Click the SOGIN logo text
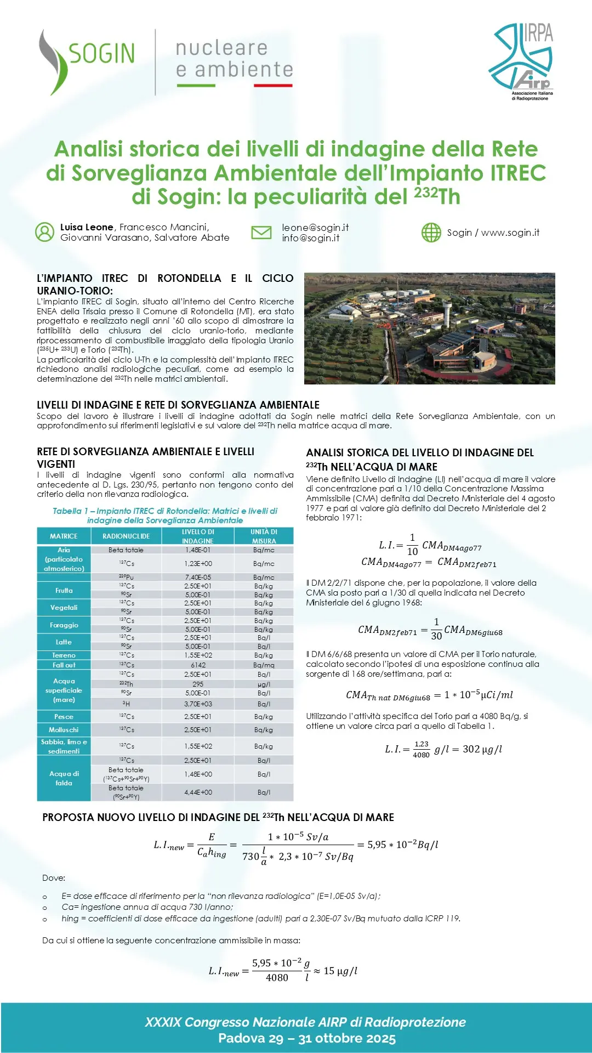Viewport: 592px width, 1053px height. click(101, 54)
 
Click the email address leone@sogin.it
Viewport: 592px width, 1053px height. click(315, 228)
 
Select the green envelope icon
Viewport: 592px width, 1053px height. click(261, 233)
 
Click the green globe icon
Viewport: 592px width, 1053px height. click(431, 233)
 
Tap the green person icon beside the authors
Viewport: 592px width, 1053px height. click(44, 232)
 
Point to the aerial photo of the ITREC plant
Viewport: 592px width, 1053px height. click(429, 328)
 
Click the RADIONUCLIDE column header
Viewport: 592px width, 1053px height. click(126, 536)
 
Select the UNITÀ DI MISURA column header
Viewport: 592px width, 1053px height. click(264, 536)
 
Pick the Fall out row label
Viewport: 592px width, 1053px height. click(64, 665)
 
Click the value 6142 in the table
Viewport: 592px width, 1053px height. click(198, 665)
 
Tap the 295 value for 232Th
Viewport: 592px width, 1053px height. click(198, 684)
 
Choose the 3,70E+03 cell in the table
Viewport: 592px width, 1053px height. click(198, 704)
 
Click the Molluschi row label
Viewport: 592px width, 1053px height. click(64, 730)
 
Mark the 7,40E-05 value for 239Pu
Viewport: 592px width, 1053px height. click(198, 578)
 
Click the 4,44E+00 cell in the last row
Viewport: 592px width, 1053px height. click(198, 792)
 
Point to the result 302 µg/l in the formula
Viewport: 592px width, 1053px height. click(482, 749)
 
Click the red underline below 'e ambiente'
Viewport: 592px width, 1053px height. click(273, 86)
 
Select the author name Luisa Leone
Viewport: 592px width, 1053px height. click(87, 227)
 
